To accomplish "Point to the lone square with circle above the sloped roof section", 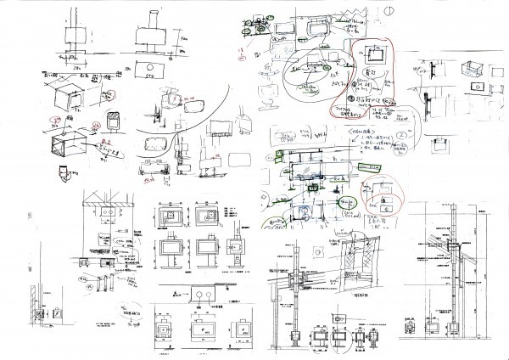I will click(316, 251).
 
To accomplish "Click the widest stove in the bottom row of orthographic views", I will click(200, 328).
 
